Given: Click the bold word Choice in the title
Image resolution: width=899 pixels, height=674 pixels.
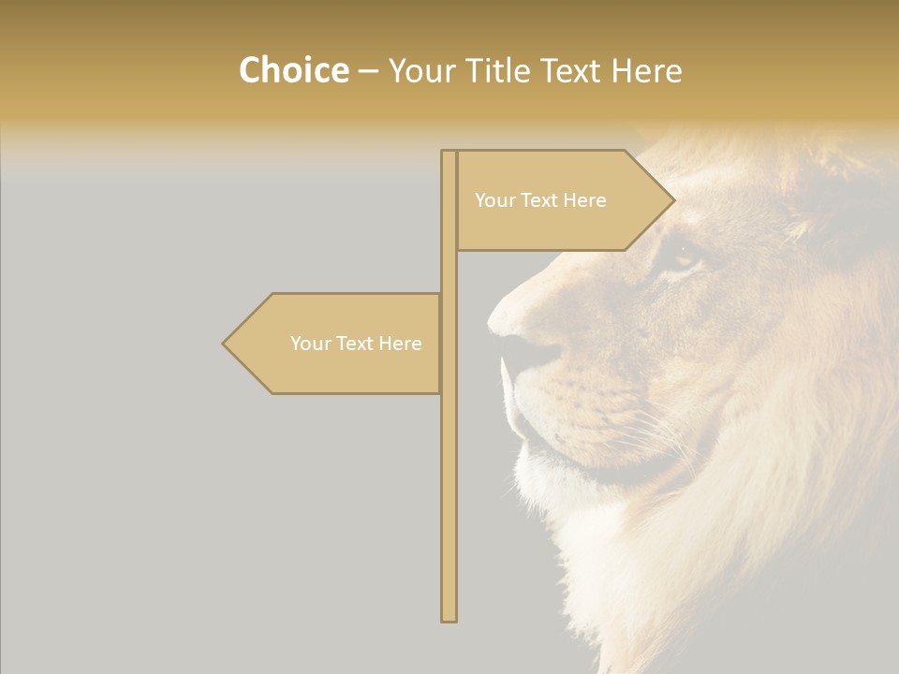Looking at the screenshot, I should [x=293, y=71].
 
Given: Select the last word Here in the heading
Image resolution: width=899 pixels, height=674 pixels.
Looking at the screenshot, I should [x=646, y=71].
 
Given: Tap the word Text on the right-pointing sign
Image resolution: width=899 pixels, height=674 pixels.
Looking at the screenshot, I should [x=540, y=200].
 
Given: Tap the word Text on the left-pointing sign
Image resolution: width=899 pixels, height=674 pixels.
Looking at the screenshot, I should [x=356, y=344].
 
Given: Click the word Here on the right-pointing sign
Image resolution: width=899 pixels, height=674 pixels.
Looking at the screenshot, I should [x=584, y=200].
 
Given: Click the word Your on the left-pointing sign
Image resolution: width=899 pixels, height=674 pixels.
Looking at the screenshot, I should [x=310, y=344].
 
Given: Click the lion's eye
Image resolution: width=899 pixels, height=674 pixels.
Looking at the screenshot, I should [x=682, y=256].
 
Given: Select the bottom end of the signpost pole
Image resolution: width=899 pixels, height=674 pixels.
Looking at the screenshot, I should [x=449, y=616].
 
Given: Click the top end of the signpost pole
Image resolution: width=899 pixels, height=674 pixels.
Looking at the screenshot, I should [x=449, y=154].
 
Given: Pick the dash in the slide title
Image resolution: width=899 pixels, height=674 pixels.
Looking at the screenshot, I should [x=368, y=71].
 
